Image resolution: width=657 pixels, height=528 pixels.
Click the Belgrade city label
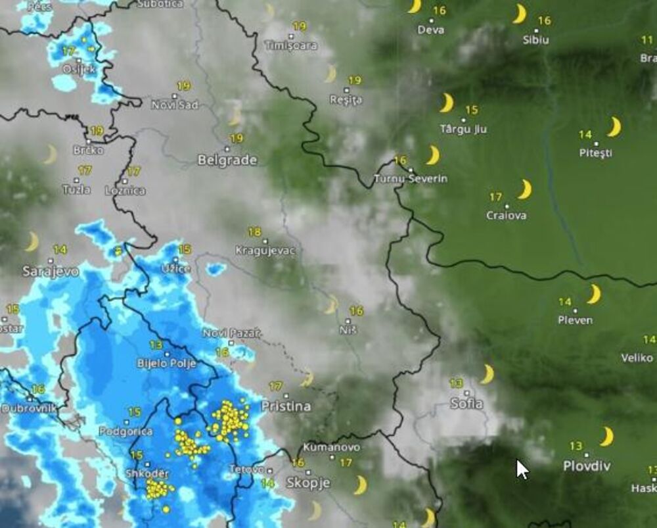pos(227,160)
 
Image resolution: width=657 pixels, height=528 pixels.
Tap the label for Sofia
pos(466,403)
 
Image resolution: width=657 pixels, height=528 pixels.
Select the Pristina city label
pos(286,406)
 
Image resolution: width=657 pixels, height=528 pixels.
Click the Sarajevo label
pos(51,270)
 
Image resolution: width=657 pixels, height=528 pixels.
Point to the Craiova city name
pos(506,215)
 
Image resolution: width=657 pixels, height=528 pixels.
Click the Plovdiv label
pos(587,466)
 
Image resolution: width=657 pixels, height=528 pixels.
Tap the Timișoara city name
pos(290,45)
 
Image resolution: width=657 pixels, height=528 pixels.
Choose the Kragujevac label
pos(265,251)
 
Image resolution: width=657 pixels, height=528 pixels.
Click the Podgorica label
pos(125,431)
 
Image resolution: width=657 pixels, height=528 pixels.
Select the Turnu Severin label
pos(411,178)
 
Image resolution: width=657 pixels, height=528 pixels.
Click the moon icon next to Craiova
pos(524,189)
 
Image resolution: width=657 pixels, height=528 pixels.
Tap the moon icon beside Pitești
pos(614,126)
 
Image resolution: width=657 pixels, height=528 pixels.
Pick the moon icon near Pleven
pos(594,294)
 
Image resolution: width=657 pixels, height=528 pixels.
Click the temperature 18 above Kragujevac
pos(254,232)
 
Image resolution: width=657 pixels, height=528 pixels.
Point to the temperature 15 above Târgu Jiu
pos(472,110)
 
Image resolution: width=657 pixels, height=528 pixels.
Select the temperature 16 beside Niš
pos(357,310)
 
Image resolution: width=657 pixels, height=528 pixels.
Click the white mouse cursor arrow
pos(522,469)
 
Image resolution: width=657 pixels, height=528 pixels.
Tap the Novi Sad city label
pos(175,105)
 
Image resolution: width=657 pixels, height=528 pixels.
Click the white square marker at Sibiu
pos(535,30)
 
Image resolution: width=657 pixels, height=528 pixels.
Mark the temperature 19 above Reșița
pos(355,80)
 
